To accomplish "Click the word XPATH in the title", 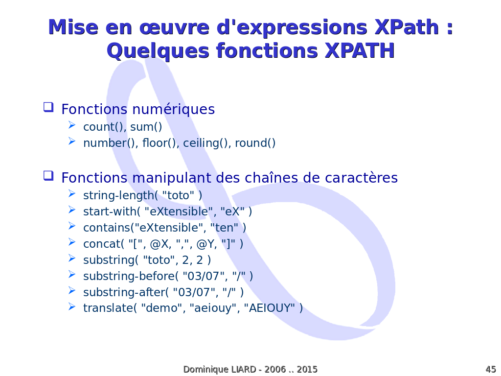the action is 360,50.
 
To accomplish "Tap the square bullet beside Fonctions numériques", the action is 48,107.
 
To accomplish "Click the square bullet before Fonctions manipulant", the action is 48,176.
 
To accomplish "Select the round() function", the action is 255,143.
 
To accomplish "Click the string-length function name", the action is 118,195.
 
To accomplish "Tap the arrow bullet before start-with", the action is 72,210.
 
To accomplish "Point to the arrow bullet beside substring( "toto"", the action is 72,258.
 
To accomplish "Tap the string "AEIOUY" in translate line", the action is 270,308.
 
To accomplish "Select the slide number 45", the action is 491,370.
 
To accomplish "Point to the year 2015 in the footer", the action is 307,370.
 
